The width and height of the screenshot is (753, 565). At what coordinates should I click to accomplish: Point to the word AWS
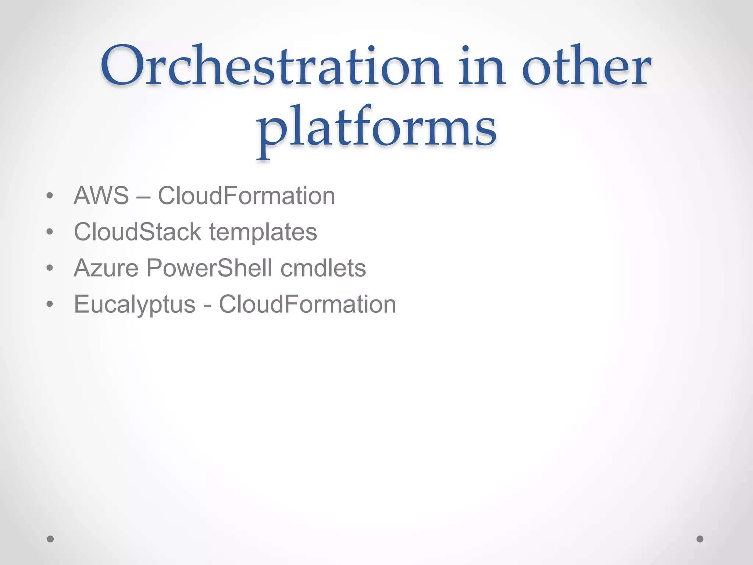101,196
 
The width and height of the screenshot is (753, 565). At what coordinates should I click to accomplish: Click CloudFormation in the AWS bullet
246,196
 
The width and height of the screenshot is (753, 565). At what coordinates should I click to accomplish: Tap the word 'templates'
263,232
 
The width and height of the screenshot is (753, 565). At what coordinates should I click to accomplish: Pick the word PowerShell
209,268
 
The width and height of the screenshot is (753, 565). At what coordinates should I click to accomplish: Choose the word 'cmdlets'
323,268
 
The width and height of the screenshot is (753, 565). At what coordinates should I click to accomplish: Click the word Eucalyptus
135,305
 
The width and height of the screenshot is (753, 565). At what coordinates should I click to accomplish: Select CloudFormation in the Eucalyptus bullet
307,305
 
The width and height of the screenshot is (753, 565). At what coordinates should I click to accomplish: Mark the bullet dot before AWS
50,196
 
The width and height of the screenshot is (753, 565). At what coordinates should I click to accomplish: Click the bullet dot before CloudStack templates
50,232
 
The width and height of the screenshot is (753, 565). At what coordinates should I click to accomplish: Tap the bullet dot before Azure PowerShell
50,268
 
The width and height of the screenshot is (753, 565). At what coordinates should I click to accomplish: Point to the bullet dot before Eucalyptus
50,305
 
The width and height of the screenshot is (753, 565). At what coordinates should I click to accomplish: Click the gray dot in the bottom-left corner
50,539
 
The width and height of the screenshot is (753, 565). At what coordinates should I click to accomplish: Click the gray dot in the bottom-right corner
700,539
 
